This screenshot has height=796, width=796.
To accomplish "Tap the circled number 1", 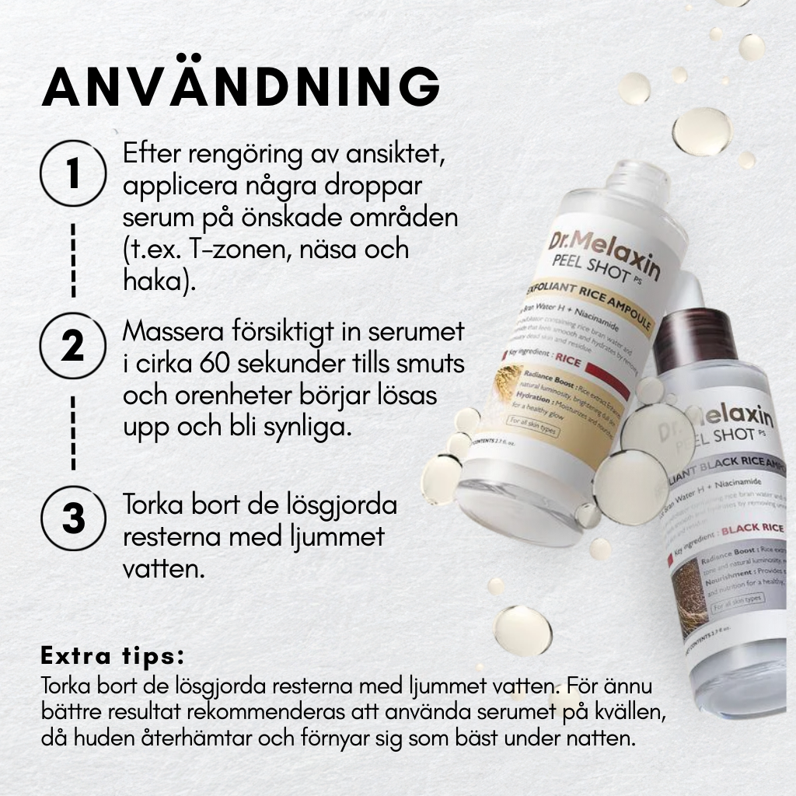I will (x=73, y=173).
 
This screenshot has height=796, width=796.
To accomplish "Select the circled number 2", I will (x=73, y=347).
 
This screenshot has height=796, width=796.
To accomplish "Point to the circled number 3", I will (x=73, y=518).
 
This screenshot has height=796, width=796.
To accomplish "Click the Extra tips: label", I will (x=113, y=655).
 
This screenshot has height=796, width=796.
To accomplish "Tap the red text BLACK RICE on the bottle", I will (x=751, y=532).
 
